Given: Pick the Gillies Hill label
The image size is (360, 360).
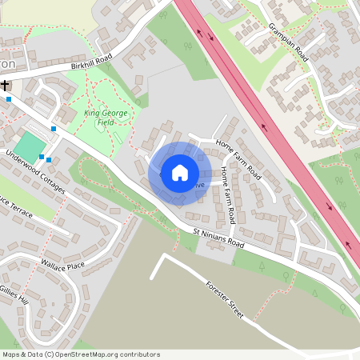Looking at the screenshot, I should point(13,294).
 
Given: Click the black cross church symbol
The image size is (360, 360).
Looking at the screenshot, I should point(6,85).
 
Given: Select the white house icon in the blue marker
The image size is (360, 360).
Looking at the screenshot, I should point(180,173).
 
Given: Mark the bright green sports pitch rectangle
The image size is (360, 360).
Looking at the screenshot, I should point(30,146).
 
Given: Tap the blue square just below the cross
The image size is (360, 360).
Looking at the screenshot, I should point(8,99).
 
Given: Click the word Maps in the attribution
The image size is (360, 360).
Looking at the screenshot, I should point(12,354).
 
